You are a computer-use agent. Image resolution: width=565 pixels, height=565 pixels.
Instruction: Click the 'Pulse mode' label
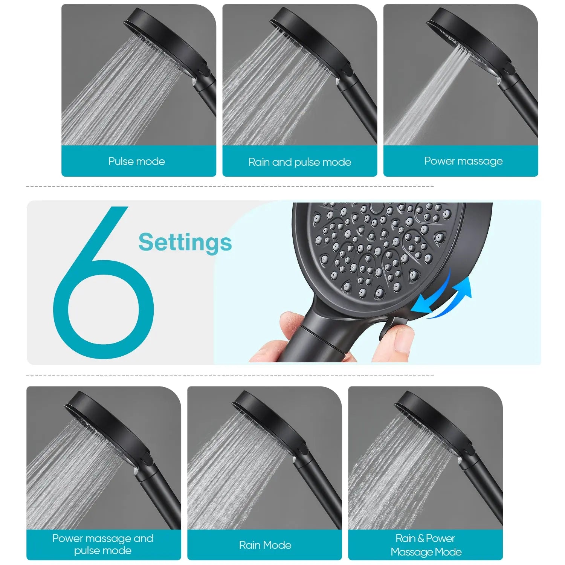[136, 161]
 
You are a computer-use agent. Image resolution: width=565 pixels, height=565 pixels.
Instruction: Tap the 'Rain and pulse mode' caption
[299, 162]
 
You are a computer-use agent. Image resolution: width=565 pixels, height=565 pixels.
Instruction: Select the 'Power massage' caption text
[463, 161]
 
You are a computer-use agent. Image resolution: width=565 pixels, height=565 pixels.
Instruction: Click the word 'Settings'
[185, 242]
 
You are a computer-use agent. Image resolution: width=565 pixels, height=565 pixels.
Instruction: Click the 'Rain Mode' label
[265, 545]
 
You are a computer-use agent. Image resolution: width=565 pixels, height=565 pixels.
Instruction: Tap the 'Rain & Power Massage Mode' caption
[426, 545]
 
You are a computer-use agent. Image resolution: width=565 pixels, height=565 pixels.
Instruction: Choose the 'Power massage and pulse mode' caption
[103, 544]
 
